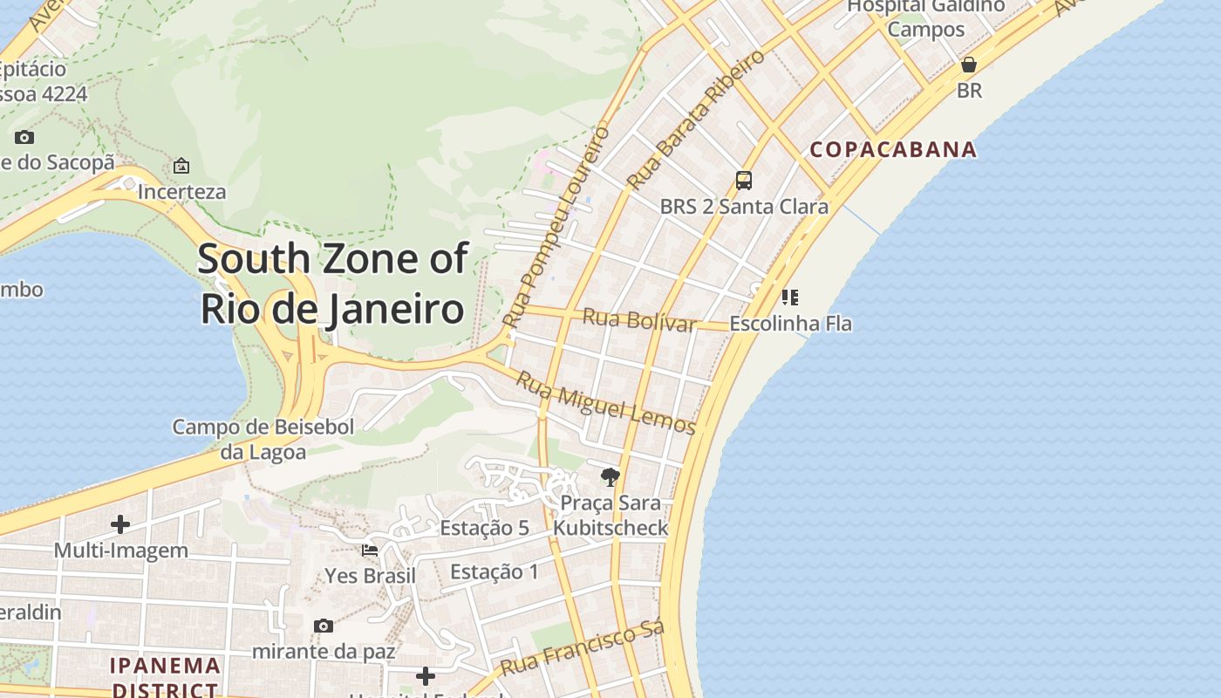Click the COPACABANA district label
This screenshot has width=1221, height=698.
click(x=893, y=149)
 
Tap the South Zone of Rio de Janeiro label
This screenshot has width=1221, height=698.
click(x=332, y=284)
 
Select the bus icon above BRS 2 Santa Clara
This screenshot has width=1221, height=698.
click(x=744, y=181)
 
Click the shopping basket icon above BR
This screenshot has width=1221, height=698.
click(x=968, y=65)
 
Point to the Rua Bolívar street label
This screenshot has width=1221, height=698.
click(x=638, y=320)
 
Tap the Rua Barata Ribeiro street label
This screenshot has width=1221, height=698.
click(x=696, y=120)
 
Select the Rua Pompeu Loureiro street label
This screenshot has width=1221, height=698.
click(x=556, y=228)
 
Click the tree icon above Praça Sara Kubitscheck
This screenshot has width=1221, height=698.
click(x=610, y=476)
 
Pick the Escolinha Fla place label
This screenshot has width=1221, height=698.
click(x=790, y=324)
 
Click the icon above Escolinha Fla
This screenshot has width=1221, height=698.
click(x=790, y=298)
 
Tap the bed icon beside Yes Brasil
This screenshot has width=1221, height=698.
click(x=370, y=551)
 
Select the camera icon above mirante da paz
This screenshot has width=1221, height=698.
click(x=324, y=626)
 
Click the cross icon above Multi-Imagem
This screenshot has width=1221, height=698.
click(x=120, y=524)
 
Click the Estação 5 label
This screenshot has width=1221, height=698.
click(x=485, y=528)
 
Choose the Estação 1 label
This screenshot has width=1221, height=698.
click(x=495, y=572)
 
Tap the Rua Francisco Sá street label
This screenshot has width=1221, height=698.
click(x=583, y=647)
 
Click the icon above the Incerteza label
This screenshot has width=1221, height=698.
click(x=181, y=165)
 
